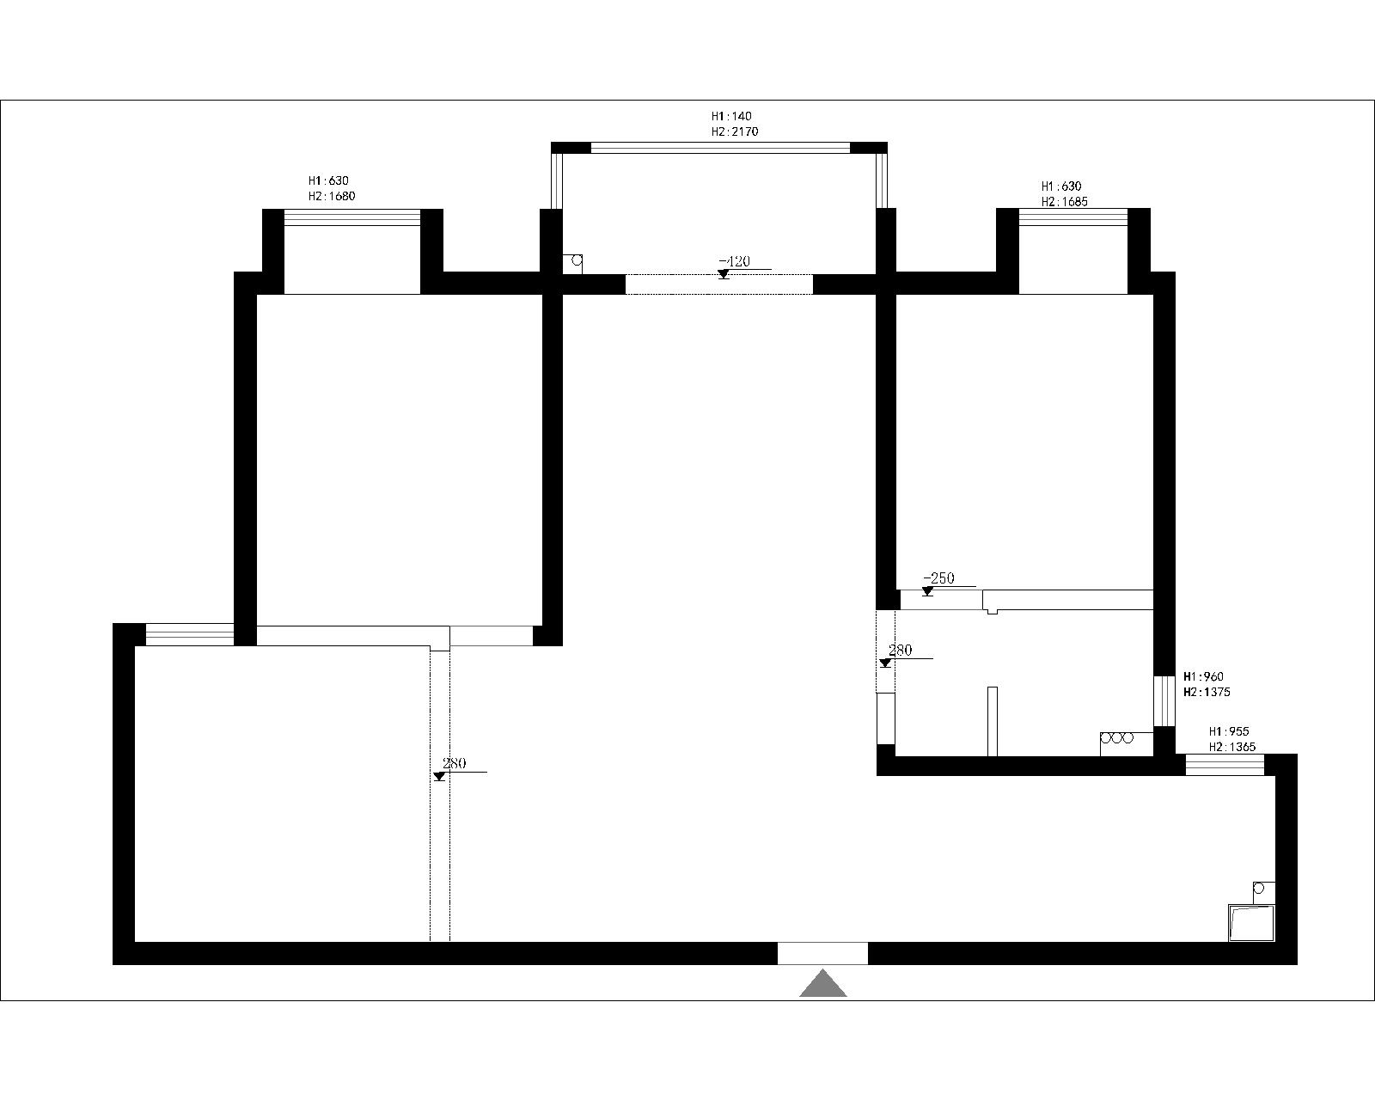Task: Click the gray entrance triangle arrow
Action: click(x=823, y=984)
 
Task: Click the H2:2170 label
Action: click(x=735, y=131)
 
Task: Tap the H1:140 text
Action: click(x=731, y=116)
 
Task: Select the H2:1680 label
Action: click(x=332, y=196)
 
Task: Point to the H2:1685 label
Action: click(x=1065, y=202)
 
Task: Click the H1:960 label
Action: click(x=1203, y=676)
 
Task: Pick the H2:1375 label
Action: click(x=1207, y=692)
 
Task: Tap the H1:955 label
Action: click(x=1229, y=731)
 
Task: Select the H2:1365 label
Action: click(x=1231, y=747)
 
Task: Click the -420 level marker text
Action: click(x=734, y=261)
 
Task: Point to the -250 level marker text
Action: click(x=938, y=578)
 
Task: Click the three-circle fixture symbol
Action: click(x=1117, y=738)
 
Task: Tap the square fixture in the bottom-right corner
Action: click(x=1251, y=922)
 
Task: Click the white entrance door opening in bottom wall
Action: click(x=822, y=953)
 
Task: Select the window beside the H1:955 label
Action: click(x=1225, y=765)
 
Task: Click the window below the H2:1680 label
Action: click(x=352, y=217)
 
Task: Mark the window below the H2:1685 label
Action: click(x=1073, y=217)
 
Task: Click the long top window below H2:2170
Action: click(x=720, y=148)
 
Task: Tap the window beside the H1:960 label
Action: click(x=1164, y=700)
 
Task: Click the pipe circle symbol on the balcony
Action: click(x=577, y=260)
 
